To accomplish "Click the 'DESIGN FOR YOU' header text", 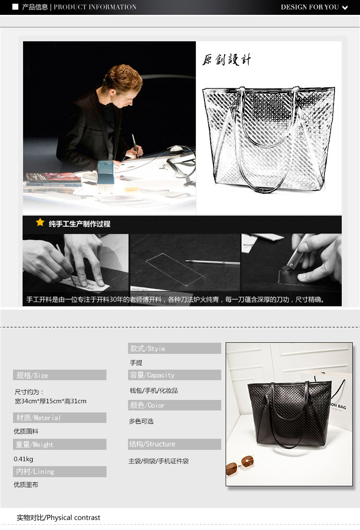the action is click(310, 7).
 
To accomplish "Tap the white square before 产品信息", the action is click(15, 7).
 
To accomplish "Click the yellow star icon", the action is click(40, 222).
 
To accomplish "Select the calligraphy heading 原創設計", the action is click(227, 60).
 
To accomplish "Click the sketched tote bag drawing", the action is click(269, 139).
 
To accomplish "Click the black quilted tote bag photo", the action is click(289, 413).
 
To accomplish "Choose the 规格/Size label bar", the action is click(60, 375).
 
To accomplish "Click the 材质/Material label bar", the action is click(60, 418).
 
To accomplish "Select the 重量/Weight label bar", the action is click(60, 444).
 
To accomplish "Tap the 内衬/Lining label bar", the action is click(60, 471).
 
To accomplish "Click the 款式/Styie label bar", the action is click(174, 348).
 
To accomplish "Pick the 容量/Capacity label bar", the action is click(174, 375).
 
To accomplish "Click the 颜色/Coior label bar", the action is click(174, 405).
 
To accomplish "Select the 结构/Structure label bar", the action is click(174, 444).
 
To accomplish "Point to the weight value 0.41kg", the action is click(24, 459).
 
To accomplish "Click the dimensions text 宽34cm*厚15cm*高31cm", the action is click(50, 401).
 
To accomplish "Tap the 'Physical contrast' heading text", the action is click(73, 518).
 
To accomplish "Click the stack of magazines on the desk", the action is click(53, 179).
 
